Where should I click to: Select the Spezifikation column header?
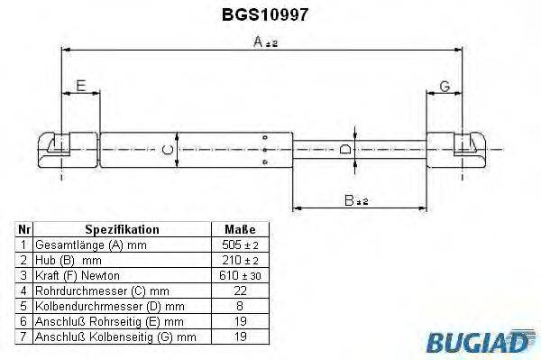[x=122, y=230]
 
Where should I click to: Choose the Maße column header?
[x=239, y=230]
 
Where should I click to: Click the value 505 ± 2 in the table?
[x=239, y=245]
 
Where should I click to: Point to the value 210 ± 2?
[x=239, y=260]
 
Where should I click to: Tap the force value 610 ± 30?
[x=239, y=274]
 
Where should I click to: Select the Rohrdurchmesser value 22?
[x=239, y=290]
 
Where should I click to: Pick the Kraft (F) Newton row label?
[x=77, y=274]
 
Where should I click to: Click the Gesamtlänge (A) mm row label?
[x=89, y=245]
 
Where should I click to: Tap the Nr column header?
[x=24, y=230]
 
